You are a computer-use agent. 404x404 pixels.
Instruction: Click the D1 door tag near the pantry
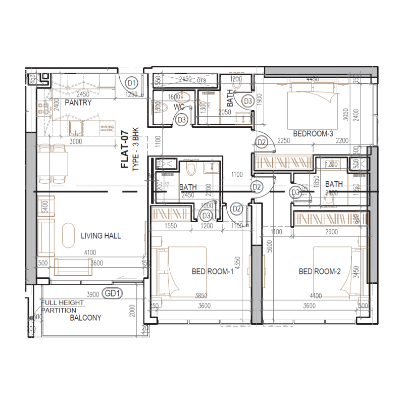[132, 82]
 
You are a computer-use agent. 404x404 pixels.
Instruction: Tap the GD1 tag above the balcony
[112, 293]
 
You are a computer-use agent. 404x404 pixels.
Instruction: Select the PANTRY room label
[78, 103]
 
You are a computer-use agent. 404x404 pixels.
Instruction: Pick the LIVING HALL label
[101, 236]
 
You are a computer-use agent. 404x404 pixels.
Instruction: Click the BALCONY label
[85, 318]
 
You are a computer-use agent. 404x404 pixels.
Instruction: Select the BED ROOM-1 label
[213, 272]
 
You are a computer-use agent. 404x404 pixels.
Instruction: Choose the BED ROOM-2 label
[320, 272]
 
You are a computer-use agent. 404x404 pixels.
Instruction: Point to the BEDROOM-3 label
[313, 134]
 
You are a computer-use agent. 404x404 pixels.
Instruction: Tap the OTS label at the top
[201, 80]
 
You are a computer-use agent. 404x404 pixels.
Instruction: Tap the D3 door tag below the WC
[182, 120]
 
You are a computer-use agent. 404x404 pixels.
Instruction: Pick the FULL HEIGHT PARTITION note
[63, 307]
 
